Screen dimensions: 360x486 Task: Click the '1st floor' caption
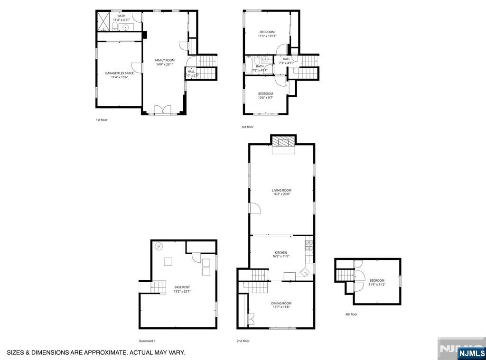[102, 120]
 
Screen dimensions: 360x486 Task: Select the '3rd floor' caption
[247, 127]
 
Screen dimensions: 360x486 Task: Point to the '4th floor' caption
[351, 314]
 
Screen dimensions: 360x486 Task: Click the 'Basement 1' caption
[147, 341]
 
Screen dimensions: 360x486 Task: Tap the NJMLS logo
[471, 353]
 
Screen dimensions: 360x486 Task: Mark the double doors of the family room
[163, 110]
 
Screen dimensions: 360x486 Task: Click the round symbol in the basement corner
[159, 246]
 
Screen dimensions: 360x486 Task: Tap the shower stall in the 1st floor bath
[103, 21]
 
